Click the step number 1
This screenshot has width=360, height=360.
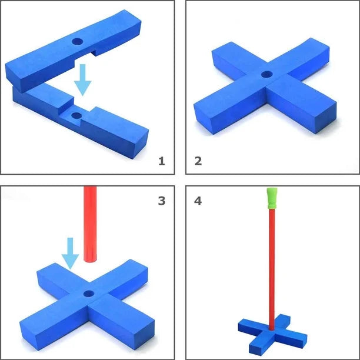pyautogui.click(x=162, y=161)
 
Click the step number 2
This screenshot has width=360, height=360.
pyautogui.click(x=198, y=161)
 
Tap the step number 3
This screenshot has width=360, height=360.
pyautogui.click(x=162, y=201)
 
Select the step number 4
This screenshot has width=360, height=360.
pyautogui.click(x=198, y=201)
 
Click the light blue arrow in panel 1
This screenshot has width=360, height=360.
pyautogui.click(x=83, y=79)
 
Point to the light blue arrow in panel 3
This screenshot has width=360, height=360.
pyautogui.click(x=70, y=254)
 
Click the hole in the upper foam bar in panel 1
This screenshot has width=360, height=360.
pyautogui.click(x=78, y=42)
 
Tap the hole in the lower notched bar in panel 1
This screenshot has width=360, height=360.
pyautogui.click(x=76, y=115)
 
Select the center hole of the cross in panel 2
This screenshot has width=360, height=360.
pyautogui.click(x=267, y=74)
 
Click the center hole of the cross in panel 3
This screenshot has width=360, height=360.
pyautogui.click(x=89, y=294)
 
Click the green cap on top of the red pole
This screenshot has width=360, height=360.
pyautogui.click(x=272, y=198)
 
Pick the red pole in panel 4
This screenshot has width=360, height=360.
pyautogui.click(x=272, y=269)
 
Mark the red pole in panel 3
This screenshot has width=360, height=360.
pyautogui.click(x=90, y=224)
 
